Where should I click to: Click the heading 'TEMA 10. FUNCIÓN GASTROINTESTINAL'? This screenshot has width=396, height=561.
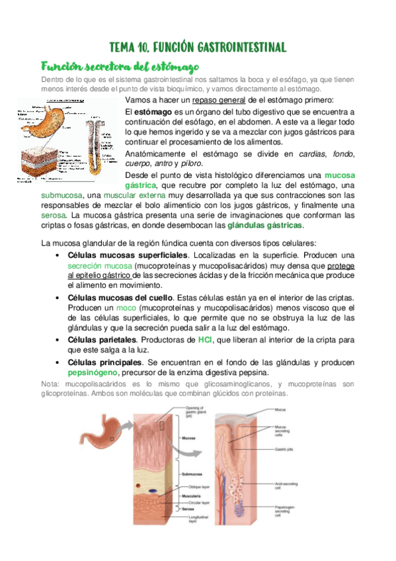point(198,48)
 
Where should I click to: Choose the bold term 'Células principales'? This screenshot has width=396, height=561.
point(105,363)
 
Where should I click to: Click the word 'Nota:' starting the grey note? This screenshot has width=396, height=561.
point(50,384)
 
